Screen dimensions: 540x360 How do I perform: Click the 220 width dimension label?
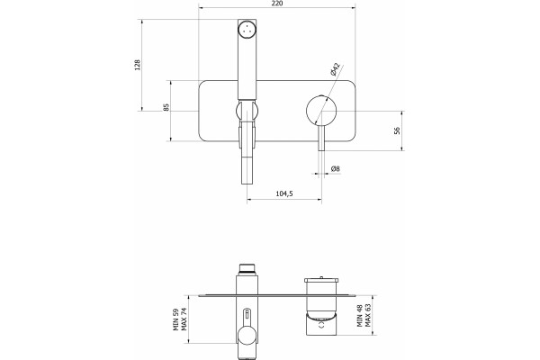click(277, 4)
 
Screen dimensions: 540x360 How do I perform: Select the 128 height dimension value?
click(138, 65)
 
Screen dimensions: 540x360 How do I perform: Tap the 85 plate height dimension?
click(166, 107)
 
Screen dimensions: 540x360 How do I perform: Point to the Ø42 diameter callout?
click(335, 69)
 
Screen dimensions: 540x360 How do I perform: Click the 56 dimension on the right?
click(397, 130)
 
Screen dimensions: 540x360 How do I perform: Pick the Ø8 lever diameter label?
click(336, 169)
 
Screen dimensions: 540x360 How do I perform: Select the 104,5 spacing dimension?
click(284, 193)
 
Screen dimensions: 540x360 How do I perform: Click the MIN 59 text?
click(176, 319)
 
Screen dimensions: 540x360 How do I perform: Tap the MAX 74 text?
click(184, 319)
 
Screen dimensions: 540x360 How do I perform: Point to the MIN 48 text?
click(360, 315)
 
